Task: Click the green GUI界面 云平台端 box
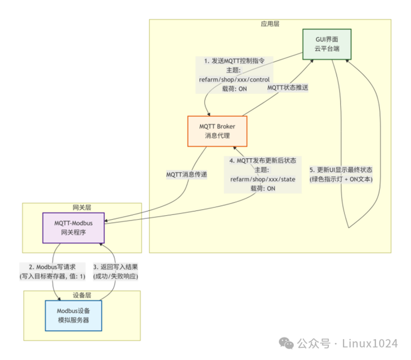coord(327,44)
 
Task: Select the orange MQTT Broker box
coord(217,131)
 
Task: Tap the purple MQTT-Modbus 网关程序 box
coord(73,228)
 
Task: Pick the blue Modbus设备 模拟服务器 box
coord(73,316)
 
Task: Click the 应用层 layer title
coord(270,24)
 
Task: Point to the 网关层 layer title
coord(82,207)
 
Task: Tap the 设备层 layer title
coord(82,295)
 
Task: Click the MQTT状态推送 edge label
coord(288,87)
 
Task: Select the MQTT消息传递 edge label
coord(186,175)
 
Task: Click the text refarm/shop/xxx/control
coord(234,80)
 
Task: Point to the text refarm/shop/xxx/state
coord(263,179)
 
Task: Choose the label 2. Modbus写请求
coord(52,267)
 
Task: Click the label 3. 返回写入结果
coord(116,267)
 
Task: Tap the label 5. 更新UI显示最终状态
coord(341,170)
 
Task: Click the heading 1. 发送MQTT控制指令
coord(234,61)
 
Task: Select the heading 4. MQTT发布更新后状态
coord(263,160)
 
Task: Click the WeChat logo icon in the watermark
coord(286,343)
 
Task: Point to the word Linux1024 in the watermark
coord(370,343)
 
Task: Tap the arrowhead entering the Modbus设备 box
coord(59,299)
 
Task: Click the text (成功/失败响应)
coord(116,276)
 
